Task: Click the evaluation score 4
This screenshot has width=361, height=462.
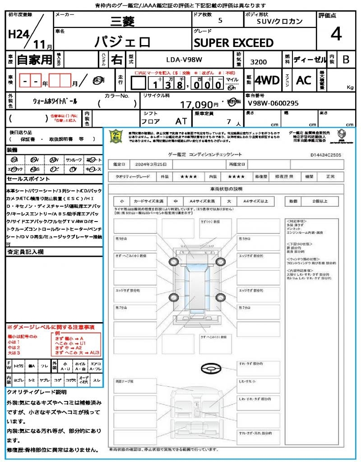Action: coord(336,34)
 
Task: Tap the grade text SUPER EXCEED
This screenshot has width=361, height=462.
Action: coord(233,43)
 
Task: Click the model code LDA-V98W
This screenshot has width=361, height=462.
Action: coord(184,59)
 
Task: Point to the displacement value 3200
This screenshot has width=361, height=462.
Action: coord(258,62)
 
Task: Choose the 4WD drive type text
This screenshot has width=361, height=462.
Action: coord(267,80)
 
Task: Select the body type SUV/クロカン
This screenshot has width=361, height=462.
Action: coord(280,21)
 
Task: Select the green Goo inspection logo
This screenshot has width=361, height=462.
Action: coord(116,136)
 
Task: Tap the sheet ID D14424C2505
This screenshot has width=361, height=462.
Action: coord(326,155)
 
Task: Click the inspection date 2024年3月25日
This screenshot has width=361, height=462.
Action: coord(154,164)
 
